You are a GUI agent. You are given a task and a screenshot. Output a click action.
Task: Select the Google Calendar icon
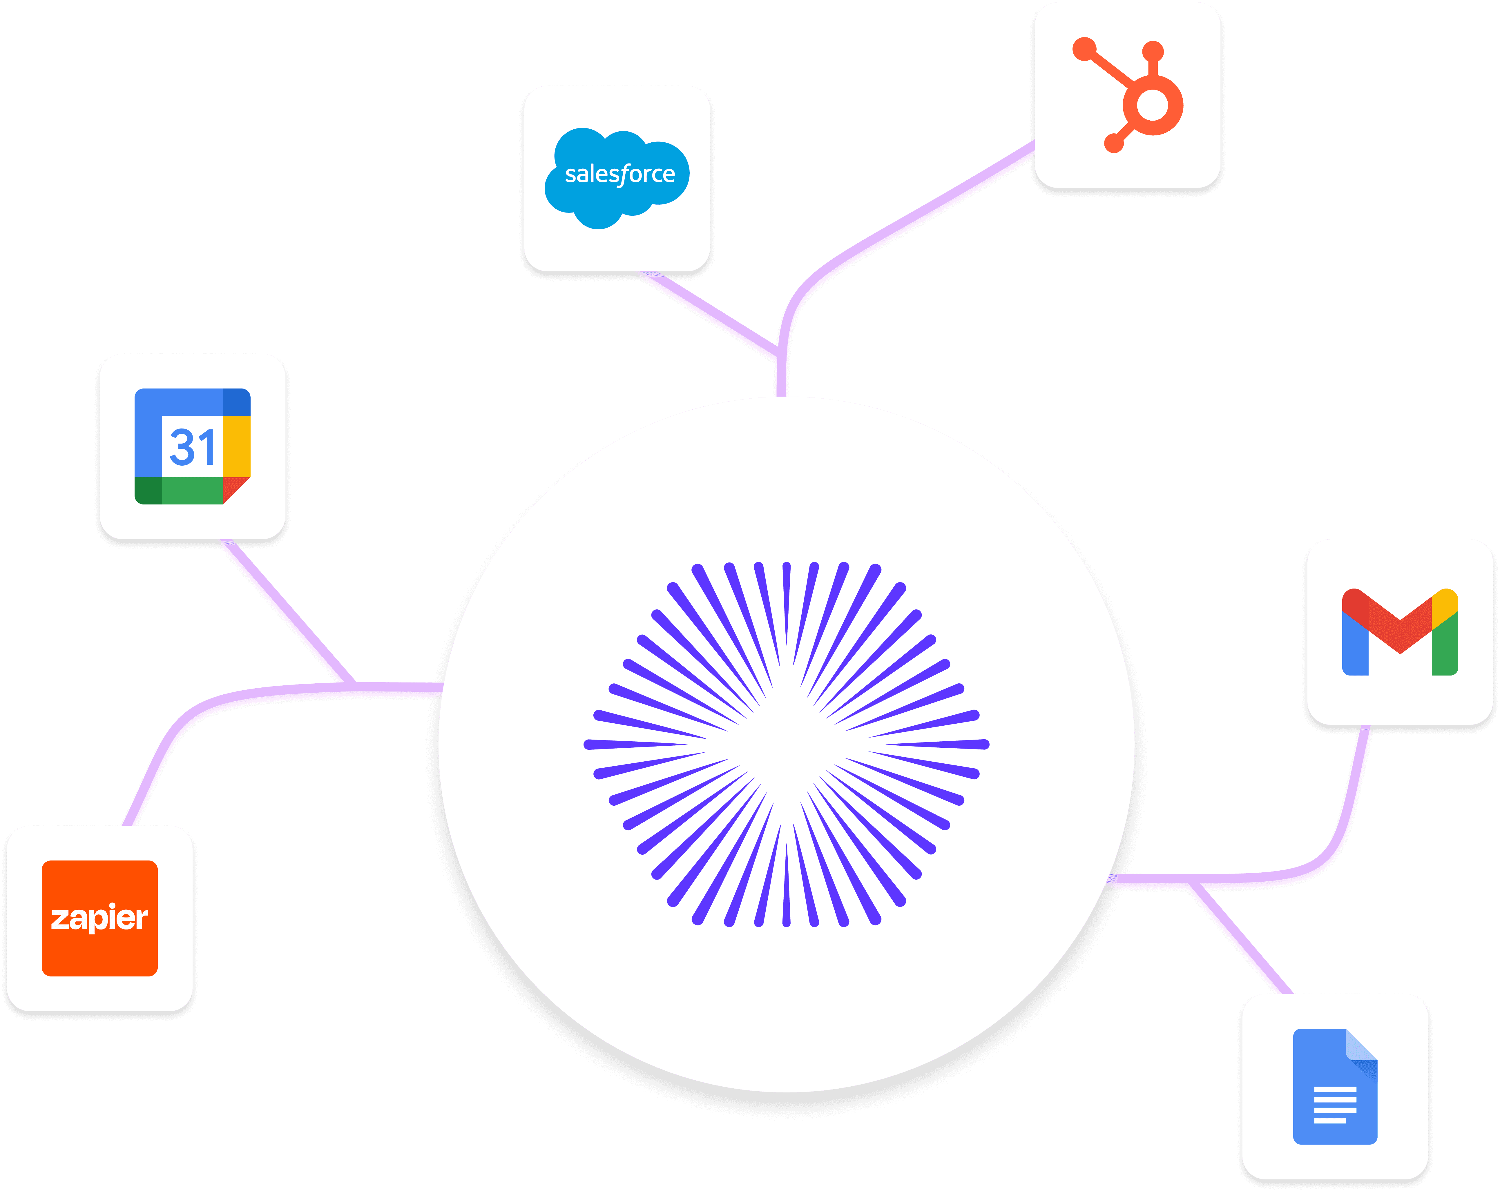pyautogui.click(x=192, y=446)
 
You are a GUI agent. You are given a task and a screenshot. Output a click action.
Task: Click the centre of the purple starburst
pyautogui.click(x=786, y=745)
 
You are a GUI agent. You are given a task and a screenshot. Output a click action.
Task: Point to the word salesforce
pyautogui.click(x=619, y=174)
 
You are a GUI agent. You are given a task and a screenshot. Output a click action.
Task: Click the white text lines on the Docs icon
pyautogui.click(x=1334, y=1105)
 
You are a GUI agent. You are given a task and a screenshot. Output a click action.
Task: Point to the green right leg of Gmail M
pyautogui.click(x=1445, y=647)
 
